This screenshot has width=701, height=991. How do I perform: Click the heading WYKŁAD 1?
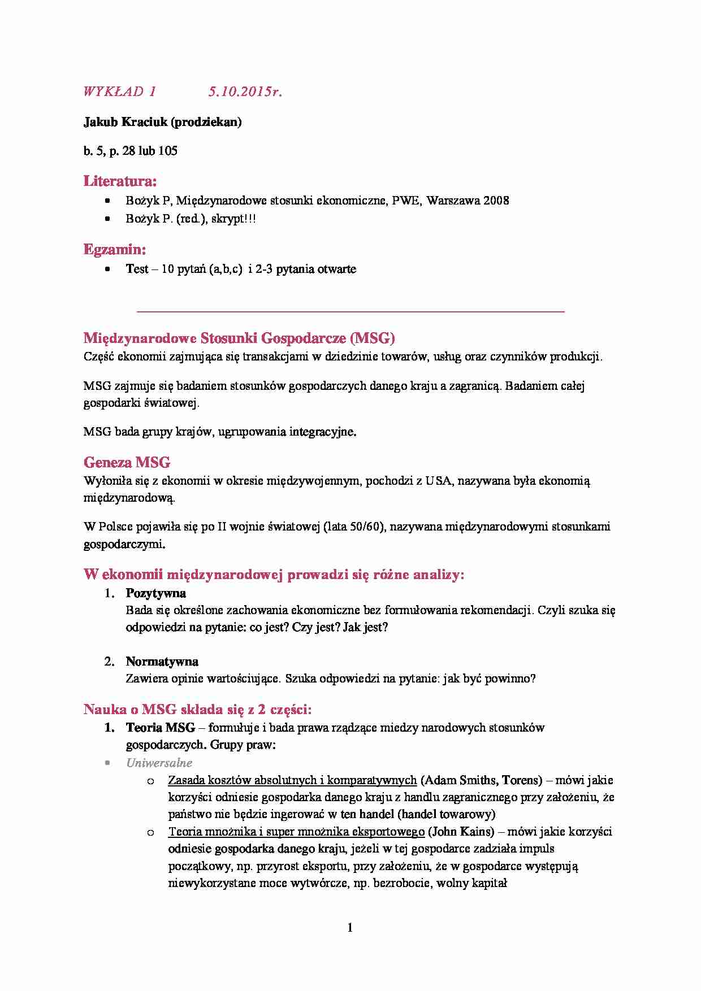(119, 92)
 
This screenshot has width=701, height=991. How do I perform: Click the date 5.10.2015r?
(245, 92)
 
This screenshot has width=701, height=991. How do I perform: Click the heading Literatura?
(120, 181)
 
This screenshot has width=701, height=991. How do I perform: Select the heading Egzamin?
(115, 249)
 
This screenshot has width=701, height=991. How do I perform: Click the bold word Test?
(137, 269)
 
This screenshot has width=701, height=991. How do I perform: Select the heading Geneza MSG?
(127, 463)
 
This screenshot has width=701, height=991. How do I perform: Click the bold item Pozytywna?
(155, 593)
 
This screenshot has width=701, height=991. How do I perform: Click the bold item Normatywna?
(162, 662)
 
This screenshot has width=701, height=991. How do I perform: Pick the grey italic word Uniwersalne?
(159, 763)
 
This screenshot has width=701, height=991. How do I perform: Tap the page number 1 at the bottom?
(350, 928)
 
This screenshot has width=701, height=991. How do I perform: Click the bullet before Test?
(107, 270)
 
